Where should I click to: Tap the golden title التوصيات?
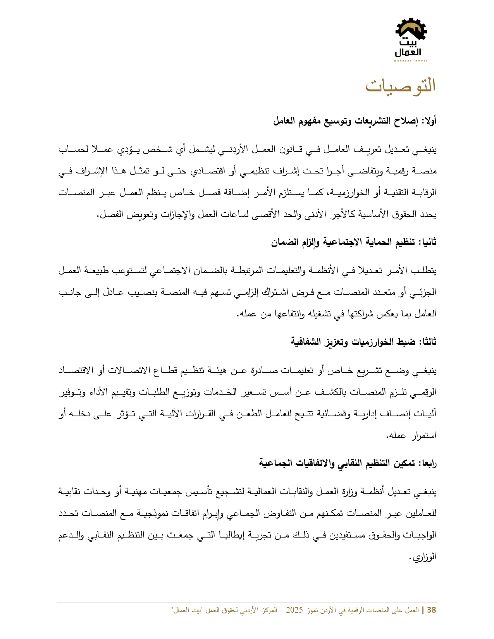[401, 86]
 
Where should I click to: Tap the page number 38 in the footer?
[432, 610]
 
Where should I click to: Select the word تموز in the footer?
[312, 610]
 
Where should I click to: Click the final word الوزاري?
[425, 557]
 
